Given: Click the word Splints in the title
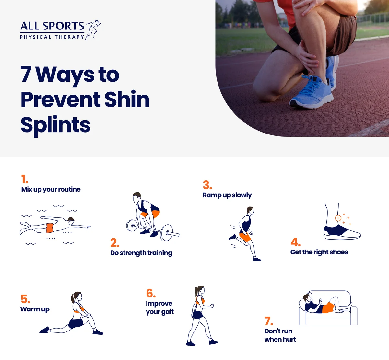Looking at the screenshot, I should pyautogui.click(x=55, y=125).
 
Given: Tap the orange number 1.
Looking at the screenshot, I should pyautogui.click(x=24, y=179).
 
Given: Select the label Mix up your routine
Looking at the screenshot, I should pyautogui.click(x=51, y=189).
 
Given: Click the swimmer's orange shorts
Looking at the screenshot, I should pyautogui.click(x=50, y=228).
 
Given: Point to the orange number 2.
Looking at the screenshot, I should pyautogui.click(x=114, y=243).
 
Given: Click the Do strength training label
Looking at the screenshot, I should pyautogui.click(x=141, y=253).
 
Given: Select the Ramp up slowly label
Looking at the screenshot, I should pyautogui.click(x=227, y=195).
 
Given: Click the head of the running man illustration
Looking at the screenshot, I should pyautogui.click(x=250, y=211).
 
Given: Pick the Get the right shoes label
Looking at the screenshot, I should pyautogui.click(x=319, y=252).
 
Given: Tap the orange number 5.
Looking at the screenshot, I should pyautogui.click(x=25, y=299).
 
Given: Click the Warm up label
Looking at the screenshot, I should pyautogui.click(x=35, y=309).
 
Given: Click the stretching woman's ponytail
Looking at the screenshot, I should pyautogui.click(x=73, y=298).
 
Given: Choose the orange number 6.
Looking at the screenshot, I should pyautogui.click(x=151, y=293).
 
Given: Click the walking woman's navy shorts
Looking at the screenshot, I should pyautogui.click(x=198, y=314).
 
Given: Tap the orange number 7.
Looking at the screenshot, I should pyautogui.click(x=269, y=321).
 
